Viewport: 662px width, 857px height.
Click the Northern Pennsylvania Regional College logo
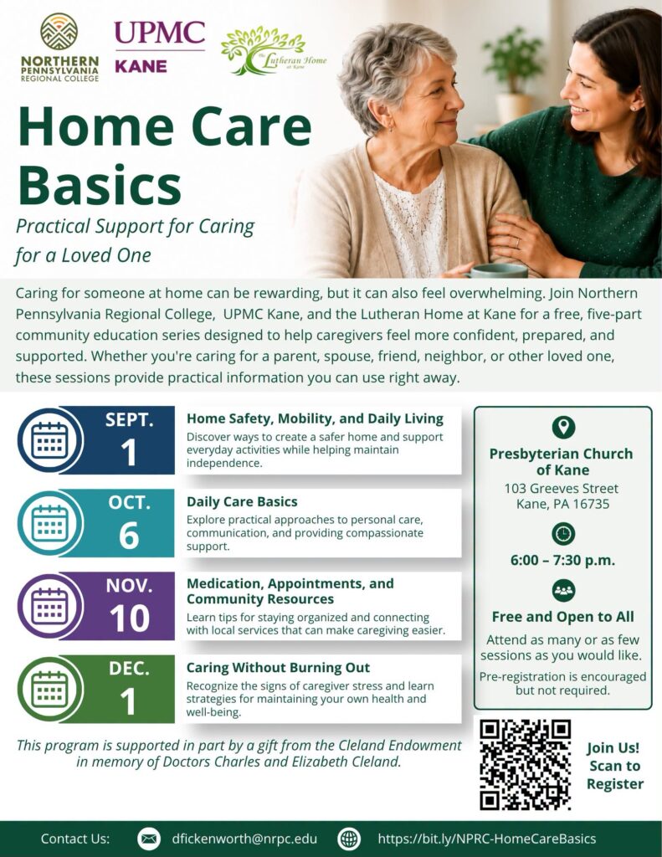pyautogui.click(x=59, y=48)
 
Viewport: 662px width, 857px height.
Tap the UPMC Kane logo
pyautogui.click(x=159, y=47)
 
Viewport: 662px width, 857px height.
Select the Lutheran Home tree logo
pyautogui.click(x=274, y=50)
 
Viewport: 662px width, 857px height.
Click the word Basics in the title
pyautogui.click(x=100, y=185)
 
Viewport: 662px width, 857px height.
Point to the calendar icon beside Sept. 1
pyautogui.click(x=49, y=440)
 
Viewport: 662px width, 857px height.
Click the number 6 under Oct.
pyautogui.click(x=129, y=535)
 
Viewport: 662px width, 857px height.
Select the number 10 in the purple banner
pyautogui.click(x=129, y=618)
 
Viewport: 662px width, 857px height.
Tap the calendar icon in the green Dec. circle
pyautogui.click(x=49, y=690)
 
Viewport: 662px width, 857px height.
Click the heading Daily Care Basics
pyautogui.click(x=242, y=502)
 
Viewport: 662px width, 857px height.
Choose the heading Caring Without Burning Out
pyautogui.click(x=278, y=667)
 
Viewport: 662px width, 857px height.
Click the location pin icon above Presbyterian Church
pyautogui.click(x=563, y=427)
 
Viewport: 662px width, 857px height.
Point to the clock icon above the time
pyautogui.click(x=563, y=533)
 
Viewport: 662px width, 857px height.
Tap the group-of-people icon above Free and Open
pyautogui.click(x=563, y=590)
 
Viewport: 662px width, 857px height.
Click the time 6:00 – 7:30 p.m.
pyautogui.click(x=563, y=560)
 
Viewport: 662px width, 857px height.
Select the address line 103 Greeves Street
pyautogui.click(x=562, y=488)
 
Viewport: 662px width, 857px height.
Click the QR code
pyautogui.click(x=526, y=764)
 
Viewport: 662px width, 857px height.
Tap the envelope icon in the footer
pyautogui.click(x=149, y=839)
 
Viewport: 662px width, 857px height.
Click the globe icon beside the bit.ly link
pyautogui.click(x=349, y=839)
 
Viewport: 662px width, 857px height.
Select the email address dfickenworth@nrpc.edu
pyautogui.click(x=244, y=839)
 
